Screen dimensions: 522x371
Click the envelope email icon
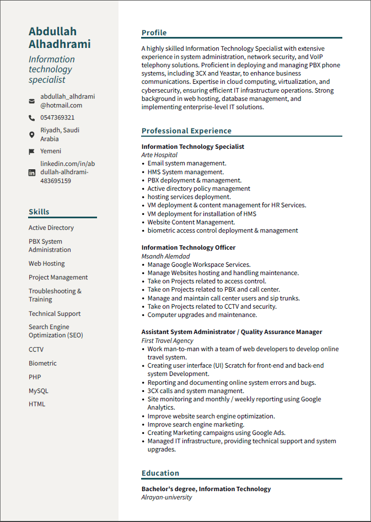click(x=31, y=101)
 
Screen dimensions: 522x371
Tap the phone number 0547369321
click(x=57, y=117)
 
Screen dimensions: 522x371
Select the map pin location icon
click(x=31, y=134)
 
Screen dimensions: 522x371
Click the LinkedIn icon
click(x=31, y=173)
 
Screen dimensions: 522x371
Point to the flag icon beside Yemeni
click(x=31, y=152)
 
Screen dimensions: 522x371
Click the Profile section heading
click(x=154, y=33)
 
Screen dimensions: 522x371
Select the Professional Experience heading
click(x=186, y=131)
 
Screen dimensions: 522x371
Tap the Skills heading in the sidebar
click(x=39, y=212)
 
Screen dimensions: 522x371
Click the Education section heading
click(x=160, y=473)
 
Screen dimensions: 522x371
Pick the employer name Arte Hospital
click(x=159, y=155)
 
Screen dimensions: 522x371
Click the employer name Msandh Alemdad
click(x=165, y=256)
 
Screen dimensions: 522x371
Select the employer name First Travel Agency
click(x=168, y=341)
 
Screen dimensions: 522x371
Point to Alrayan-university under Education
click(x=166, y=497)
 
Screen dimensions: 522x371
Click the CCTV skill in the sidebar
click(x=36, y=349)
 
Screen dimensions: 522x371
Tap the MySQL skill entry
click(x=39, y=391)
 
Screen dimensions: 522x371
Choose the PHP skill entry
click(x=35, y=377)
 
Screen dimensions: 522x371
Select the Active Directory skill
click(x=51, y=228)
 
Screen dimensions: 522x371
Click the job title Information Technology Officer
click(x=189, y=247)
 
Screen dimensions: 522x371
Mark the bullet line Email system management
click(x=187, y=163)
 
